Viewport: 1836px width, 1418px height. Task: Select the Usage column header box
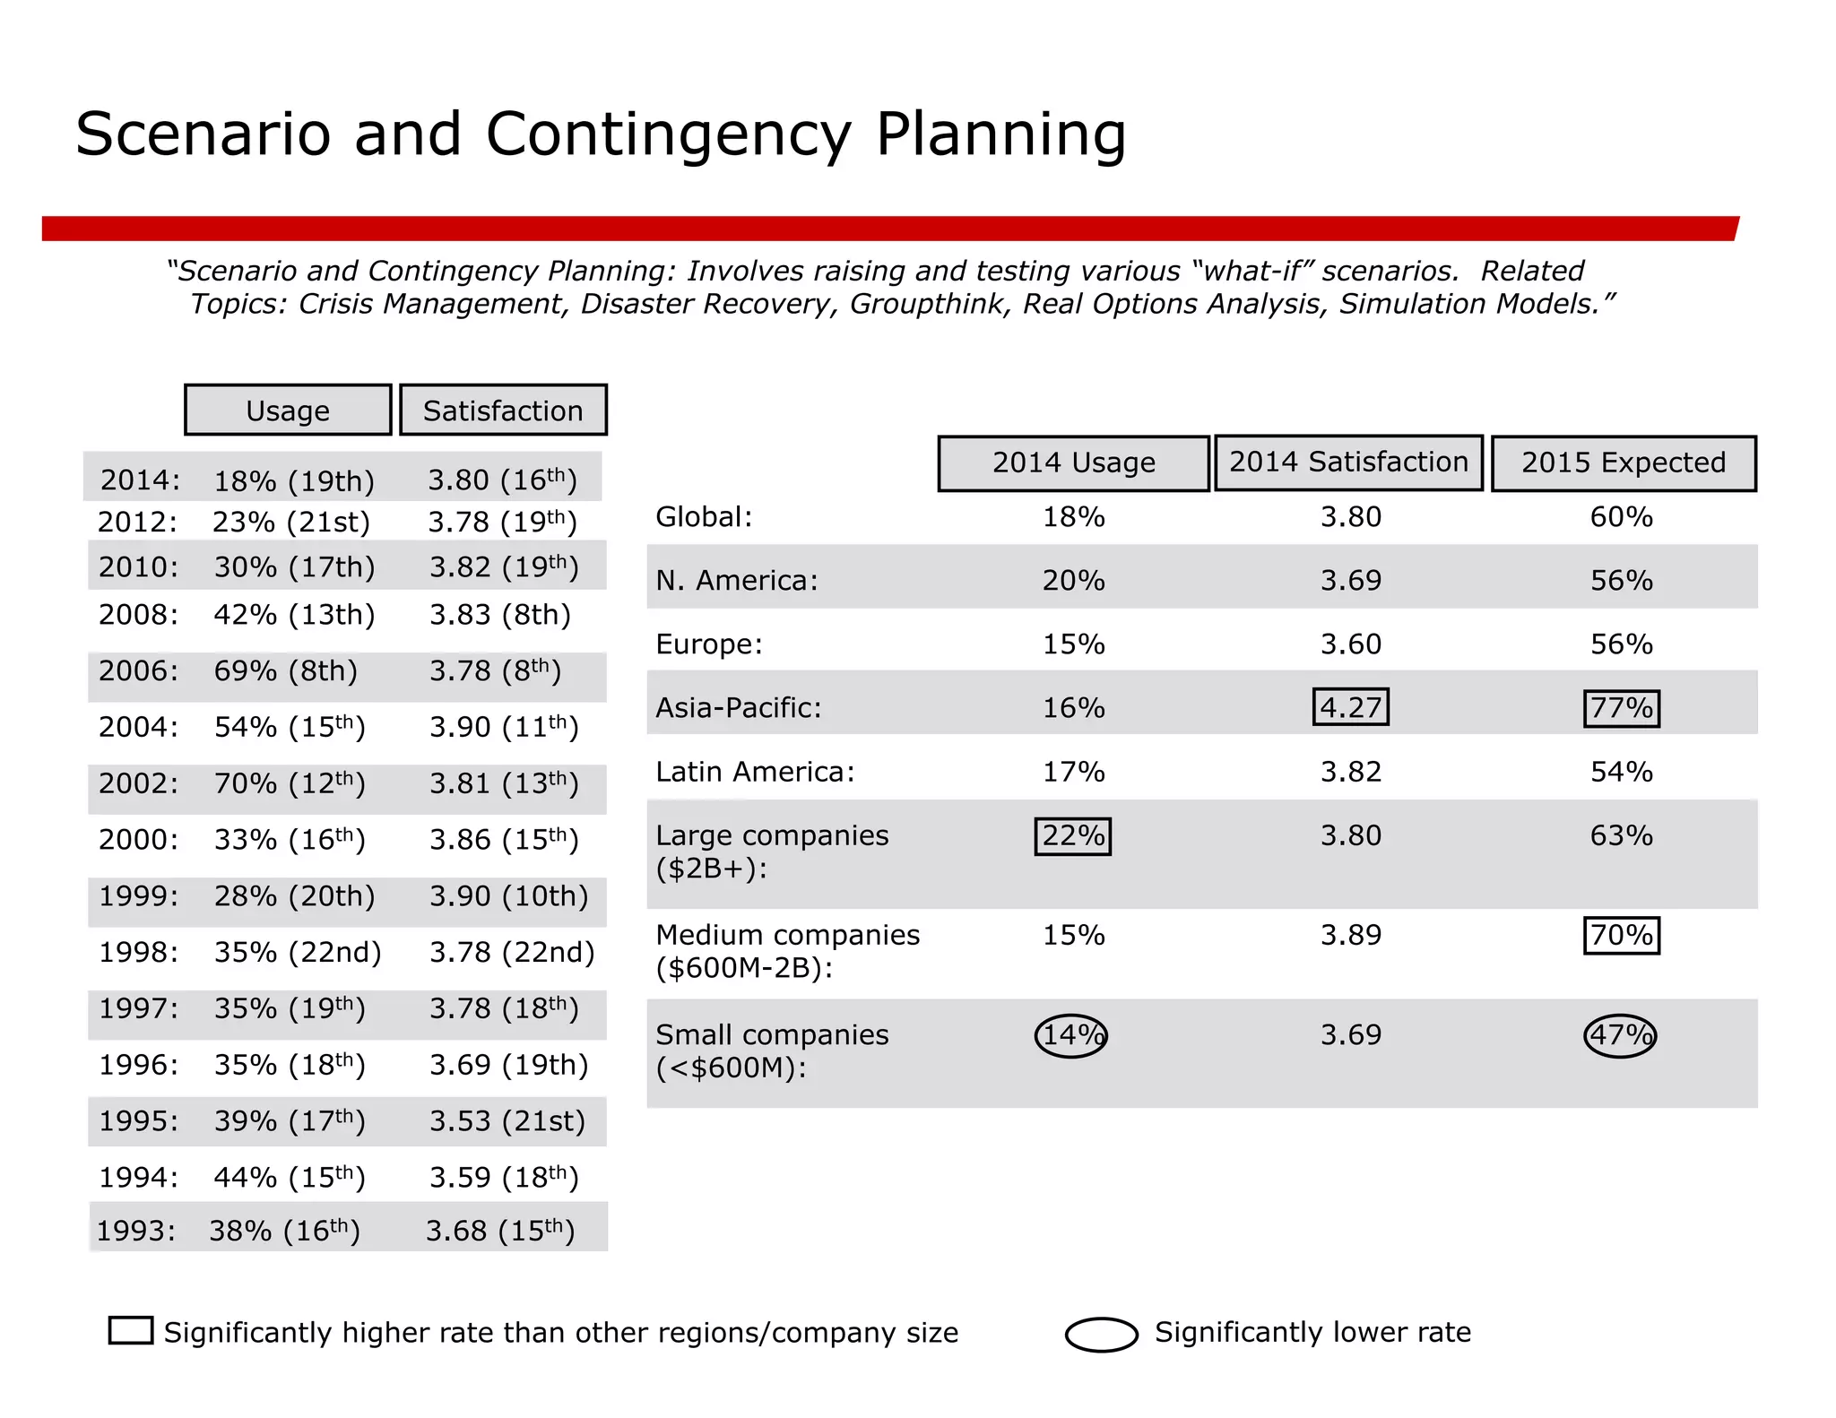[x=288, y=411]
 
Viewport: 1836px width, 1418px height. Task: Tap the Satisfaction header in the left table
[x=503, y=411]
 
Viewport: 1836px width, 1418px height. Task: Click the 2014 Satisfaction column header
[x=1348, y=463]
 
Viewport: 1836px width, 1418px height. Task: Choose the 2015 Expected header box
[x=1623, y=463]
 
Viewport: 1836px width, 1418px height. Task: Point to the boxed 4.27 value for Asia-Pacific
[x=1350, y=707]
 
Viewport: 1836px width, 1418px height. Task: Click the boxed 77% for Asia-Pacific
[x=1621, y=708]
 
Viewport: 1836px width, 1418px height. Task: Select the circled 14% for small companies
[x=1071, y=1035]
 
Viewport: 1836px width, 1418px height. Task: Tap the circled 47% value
[x=1620, y=1035]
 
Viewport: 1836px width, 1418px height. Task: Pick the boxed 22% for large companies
[x=1072, y=835]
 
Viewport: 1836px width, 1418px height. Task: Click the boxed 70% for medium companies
[x=1621, y=935]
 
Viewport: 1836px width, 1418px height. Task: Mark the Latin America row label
[x=755, y=772]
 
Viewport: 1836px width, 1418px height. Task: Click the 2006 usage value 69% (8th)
[x=285, y=671]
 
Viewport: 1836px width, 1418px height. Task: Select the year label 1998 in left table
[x=138, y=952]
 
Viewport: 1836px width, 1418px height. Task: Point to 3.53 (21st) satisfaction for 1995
[x=507, y=1121]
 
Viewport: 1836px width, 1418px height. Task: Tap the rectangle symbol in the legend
[x=131, y=1330]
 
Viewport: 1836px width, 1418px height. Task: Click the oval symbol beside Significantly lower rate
[x=1101, y=1334]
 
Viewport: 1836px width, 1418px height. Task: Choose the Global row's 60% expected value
[x=1621, y=517]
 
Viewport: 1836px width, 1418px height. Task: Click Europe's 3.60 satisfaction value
[x=1350, y=644]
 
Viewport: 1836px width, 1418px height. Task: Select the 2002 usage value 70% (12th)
[x=289, y=784]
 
